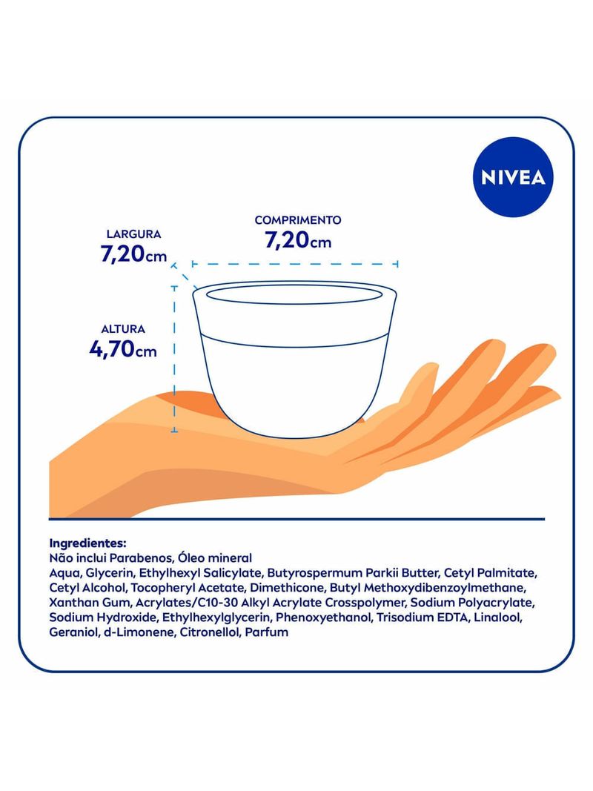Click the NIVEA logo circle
click(x=513, y=177)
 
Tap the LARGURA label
click(x=133, y=234)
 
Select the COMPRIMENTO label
click(x=297, y=220)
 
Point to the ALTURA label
click(x=123, y=329)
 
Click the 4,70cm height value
click(x=123, y=348)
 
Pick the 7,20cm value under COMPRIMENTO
click(x=298, y=240)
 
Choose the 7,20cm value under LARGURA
click(x=133, y=254)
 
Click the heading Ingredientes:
click(x=87, y=544)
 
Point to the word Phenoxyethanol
click(x=323, y=618)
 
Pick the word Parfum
click(x=267, y=632)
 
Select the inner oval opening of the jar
click(x=294, y=295)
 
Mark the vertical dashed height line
click(x=174, y=360)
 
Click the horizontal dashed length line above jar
click(x=295, y=264)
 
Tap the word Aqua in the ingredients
click(x=64, y=574)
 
